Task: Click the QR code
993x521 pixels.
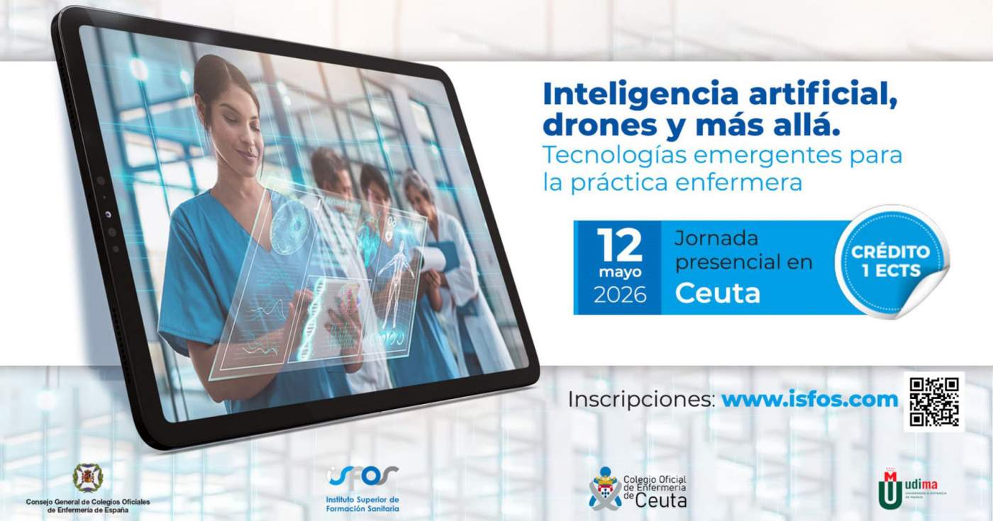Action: pyautogui.click(x=933, y=401)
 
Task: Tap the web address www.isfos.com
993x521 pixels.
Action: pyautogui.click(x=809, y=399)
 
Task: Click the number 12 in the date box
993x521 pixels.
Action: pyautogui.click(x=618, y=245)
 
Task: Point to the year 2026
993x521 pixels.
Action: pyautogui.click(x=619, y=295)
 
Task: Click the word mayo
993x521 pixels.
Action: pyautogui.click(x=618, y=272)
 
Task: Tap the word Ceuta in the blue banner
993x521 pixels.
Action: pyautogui.click(x=717, y=293)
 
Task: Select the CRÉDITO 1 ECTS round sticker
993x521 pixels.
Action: pyautogui.click(x=891, y=261)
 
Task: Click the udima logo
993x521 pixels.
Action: pyautogui.click(x=911, y=488)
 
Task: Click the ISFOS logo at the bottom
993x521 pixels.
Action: pyautogui.click(x=362, y=488)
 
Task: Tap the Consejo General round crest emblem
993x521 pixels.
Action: pyautogui.click(x=88, y=477)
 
